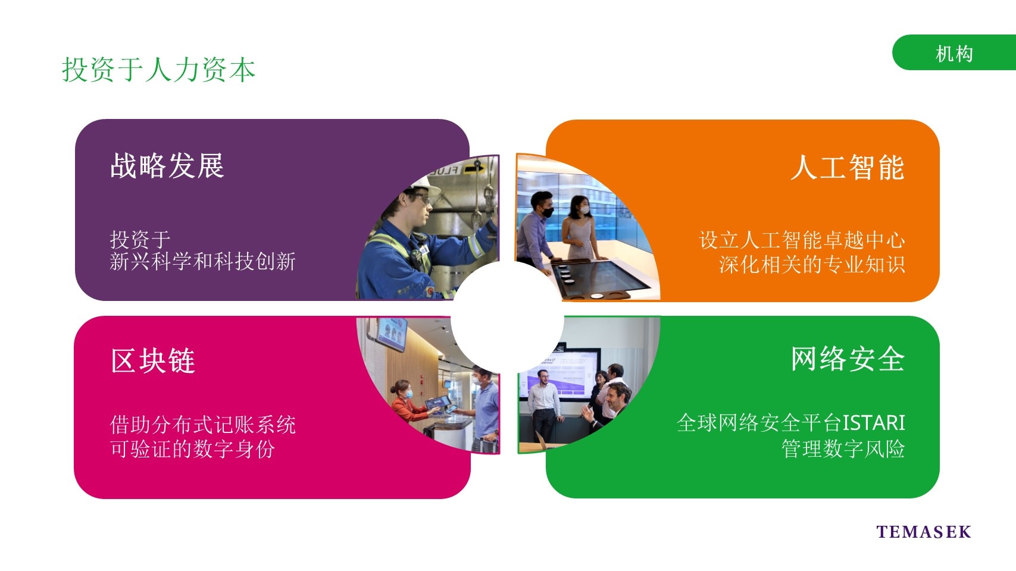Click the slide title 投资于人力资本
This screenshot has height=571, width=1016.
coord(158,70)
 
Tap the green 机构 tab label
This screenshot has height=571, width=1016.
coord(954,54)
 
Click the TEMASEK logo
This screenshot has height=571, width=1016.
coord(924,532)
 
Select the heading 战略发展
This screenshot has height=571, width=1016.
coord(167,166)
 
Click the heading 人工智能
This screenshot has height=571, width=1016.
coord(848,168)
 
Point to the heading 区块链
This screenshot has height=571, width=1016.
coord(153,360)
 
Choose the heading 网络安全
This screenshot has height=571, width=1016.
coord(848,359)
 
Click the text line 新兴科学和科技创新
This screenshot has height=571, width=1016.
coord(203,262)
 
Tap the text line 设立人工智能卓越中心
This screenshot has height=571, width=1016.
coord(802,240)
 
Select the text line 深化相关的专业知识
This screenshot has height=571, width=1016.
coord(812,265)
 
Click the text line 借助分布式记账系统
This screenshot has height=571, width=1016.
coord(203,425)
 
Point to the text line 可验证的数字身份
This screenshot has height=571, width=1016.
coord(192,449)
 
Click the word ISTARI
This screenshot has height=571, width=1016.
coord(873,423)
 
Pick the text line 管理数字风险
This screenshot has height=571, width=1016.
coord(843,449)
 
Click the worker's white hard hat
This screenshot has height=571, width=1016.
coord(424,185)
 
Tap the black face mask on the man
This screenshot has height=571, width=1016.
coord(548,212)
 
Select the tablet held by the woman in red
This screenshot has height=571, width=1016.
coord(437,403)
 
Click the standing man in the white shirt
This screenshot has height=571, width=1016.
coord(544,406)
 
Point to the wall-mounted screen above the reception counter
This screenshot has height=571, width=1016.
coord(392,334)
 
